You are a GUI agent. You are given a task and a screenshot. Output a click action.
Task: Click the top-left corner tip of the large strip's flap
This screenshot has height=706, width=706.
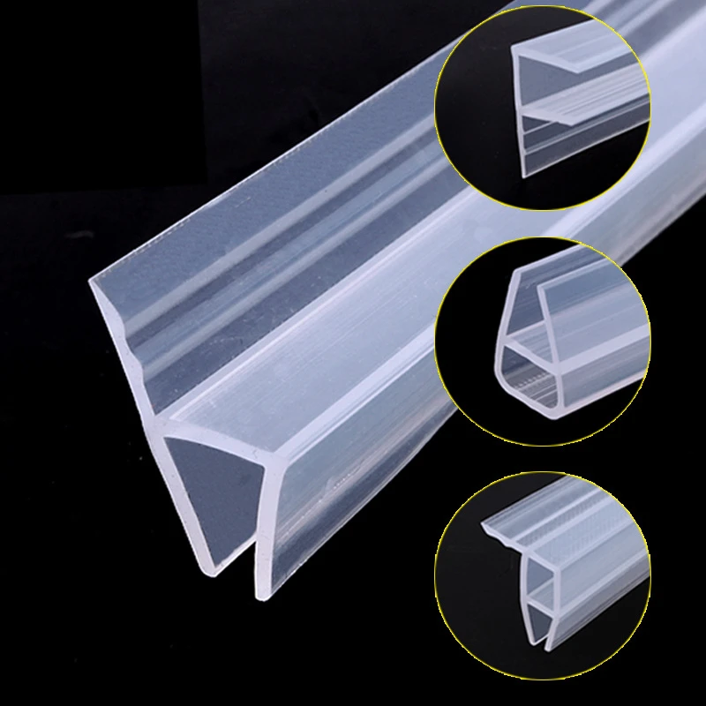(91, 281)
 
